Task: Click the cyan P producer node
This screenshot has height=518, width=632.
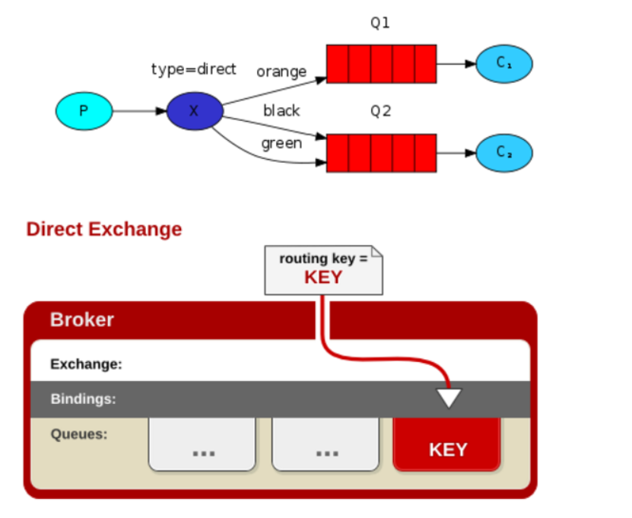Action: (84, 111)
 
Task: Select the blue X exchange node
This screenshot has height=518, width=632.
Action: (194, 111)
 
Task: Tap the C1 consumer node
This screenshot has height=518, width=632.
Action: (503, 63)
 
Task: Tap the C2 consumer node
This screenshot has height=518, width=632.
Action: (503, 152)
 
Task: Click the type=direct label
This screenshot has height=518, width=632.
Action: (193, 69)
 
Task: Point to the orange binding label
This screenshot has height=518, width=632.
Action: (281, 72)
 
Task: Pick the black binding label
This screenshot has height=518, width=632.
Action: (281, 111)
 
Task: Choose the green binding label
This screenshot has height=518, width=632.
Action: (281, 143)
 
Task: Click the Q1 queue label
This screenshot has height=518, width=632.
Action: (380, 23)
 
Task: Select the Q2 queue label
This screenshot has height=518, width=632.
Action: (380, 111)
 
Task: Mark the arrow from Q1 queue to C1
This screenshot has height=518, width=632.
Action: (456, 64)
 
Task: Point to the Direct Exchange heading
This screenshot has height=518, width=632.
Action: (104, 229)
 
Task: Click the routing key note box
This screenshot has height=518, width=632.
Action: (323, 269)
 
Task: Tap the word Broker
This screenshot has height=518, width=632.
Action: (82, 319)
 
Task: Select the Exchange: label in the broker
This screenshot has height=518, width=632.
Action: (86, 364)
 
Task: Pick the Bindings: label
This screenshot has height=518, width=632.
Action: (84, 399)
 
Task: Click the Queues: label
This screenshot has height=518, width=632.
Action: (79, 434)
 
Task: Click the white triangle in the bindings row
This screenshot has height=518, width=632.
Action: (449, 397)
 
